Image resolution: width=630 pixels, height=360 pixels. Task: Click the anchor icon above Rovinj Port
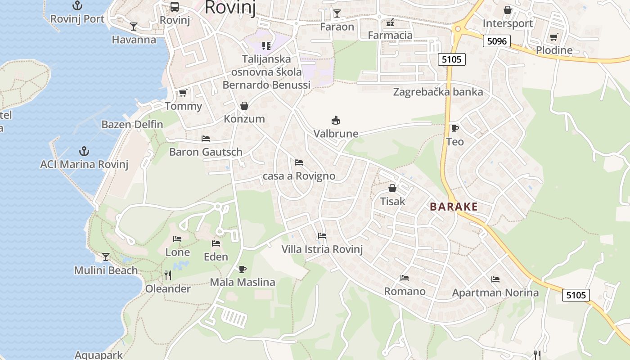[x=78, y=6]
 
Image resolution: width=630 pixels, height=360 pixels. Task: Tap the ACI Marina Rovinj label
[x=84, y=164]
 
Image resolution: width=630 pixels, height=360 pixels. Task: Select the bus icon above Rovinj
[x=175, y=7]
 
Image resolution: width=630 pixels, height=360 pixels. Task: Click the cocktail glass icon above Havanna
[x=134, y=27]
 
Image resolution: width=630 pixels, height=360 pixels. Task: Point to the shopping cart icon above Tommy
[x=183, y=93]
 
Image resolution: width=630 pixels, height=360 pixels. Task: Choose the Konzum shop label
[x=244, y=119]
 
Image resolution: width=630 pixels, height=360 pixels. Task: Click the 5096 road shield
[x=497, y=41]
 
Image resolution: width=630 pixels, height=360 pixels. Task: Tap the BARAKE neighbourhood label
[x=454, y=207]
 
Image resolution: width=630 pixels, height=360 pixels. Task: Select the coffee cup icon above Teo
[x=455, y=129]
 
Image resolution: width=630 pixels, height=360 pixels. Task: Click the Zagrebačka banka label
[x=438, y=92]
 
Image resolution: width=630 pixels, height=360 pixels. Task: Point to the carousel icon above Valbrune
[x=336, y=120]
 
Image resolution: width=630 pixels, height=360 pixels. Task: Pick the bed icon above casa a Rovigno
[x=298, y=162]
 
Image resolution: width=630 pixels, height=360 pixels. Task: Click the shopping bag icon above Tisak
[x=392, y=188]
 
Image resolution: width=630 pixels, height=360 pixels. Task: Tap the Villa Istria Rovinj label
[x=322, y=249]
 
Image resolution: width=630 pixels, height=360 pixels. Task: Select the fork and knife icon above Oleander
[x=168, y=275]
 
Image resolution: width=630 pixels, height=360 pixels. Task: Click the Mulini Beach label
[x=106, y=270]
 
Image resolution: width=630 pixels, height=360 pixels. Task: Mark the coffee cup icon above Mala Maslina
[x=243, y=269]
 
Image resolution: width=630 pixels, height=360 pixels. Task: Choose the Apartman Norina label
[x=495, y=293]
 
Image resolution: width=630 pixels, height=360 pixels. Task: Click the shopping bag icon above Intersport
[x=508, y=10]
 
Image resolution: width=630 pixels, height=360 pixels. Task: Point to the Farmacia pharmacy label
[x=390, y=35]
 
